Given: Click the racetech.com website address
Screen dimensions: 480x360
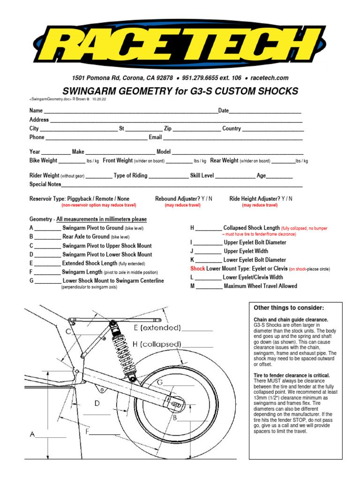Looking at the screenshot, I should tap(270, 78).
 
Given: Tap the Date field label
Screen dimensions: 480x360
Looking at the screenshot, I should tap(224, 111).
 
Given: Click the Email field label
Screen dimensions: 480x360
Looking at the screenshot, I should tap(155, 137).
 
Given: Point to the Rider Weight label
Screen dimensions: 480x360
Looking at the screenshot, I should tap(44, 176).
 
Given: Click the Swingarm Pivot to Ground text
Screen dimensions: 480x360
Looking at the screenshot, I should tap(93, 228).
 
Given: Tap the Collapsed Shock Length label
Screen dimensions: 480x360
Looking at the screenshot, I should tap(251, 228).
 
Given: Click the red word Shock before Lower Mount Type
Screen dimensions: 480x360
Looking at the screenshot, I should tap(197, 269).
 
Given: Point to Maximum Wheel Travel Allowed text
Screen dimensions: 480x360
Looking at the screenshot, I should tap(260, 286).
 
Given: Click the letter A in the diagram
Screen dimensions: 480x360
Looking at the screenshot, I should tap(33, 435).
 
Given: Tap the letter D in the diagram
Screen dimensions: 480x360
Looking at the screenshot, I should tap(97, 403).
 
